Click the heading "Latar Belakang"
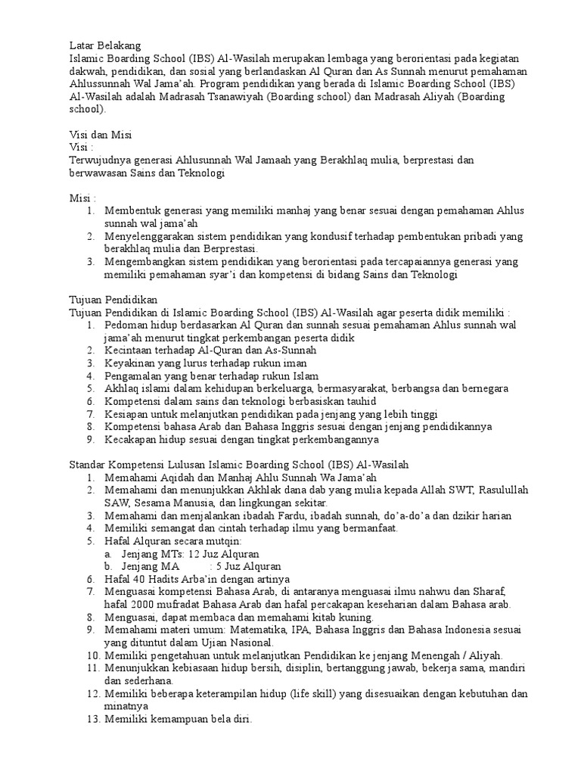(x=104, y=45)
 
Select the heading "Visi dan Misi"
(x=101, y=135)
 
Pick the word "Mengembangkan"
(x=143, y=262)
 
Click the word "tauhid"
(x=359, y=401)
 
